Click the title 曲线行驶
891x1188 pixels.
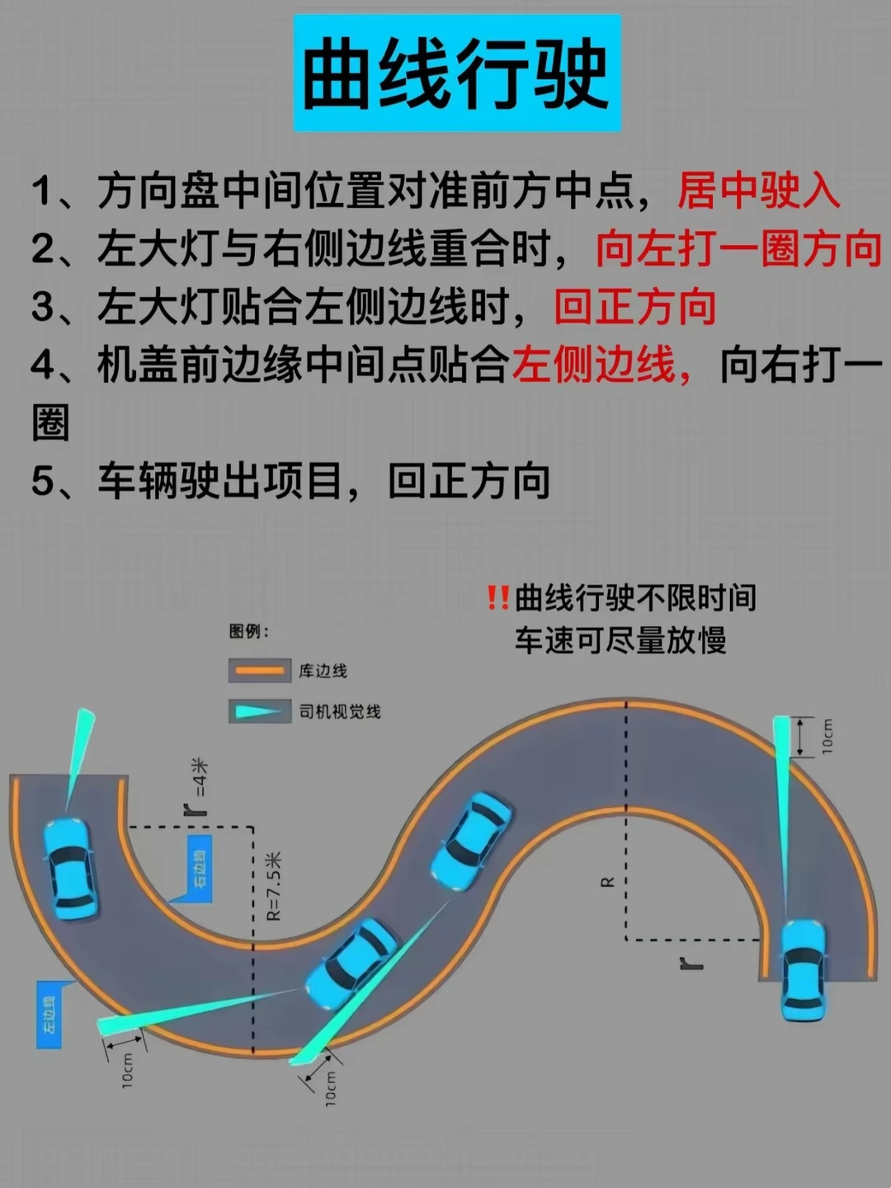point(456,74)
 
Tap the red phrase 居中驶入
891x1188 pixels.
point(758,191)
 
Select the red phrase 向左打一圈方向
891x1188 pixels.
point(738,249)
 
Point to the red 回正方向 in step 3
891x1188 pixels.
point(634,307)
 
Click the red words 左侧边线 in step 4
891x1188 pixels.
point(594,365)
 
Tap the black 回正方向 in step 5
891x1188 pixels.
point(469,481)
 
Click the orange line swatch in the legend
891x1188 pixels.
point(259,670)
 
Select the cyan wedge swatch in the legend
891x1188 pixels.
point(259,711)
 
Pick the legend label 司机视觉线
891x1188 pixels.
point(340,711)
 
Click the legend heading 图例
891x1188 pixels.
point(248,632)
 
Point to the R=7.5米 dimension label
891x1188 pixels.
point(273,887)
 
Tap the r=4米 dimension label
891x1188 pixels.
point(199,788)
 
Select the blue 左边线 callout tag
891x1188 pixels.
point(49,1015)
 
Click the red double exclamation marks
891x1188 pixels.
point(497,597)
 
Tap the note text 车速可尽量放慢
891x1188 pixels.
point(620,640)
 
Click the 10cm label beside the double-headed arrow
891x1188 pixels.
point(827,736)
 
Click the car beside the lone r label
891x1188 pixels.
point(802,970)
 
